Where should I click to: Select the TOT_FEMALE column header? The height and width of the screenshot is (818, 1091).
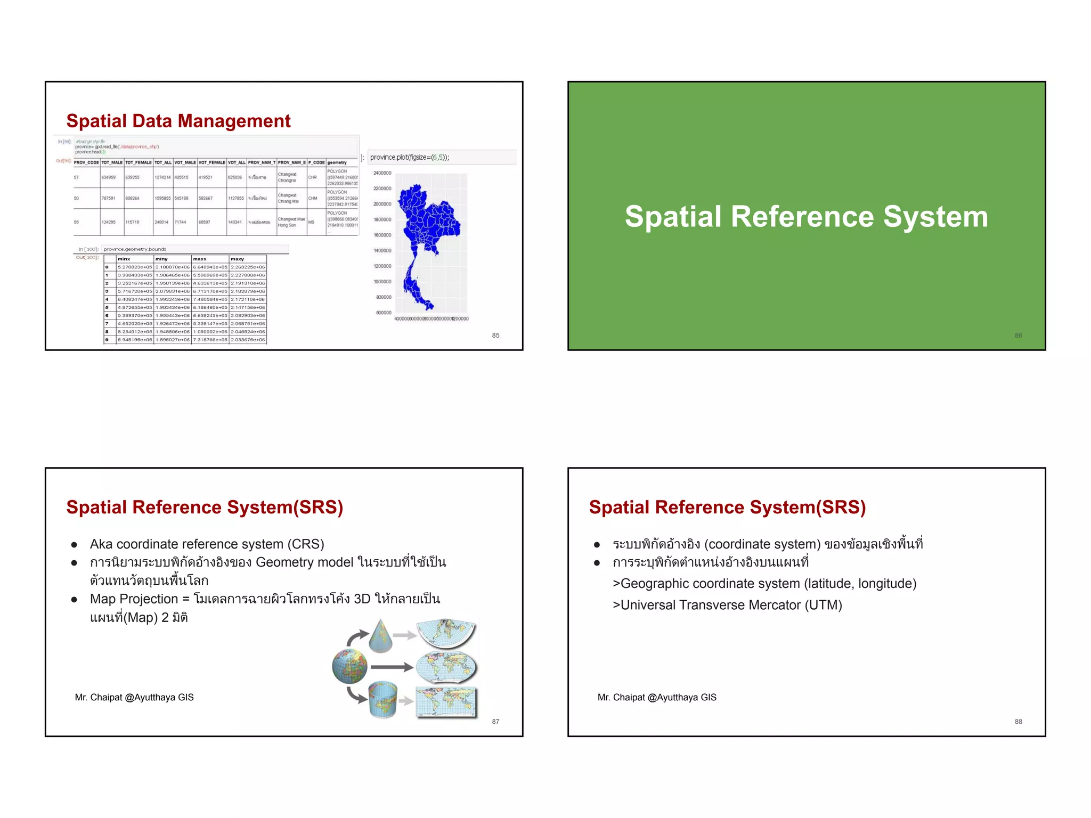pyautogui.click(x=139, y=162)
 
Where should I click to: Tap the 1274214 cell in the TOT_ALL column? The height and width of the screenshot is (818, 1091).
pyautogui.click(x=162, y=177)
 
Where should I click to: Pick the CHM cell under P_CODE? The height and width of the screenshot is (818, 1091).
pyautogui.click(x=313, y=198)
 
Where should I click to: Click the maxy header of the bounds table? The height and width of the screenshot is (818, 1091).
pyautogui.click(x=238, y=259)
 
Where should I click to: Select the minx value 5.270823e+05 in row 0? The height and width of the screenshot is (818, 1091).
pyautogui.click(x=135, y=267)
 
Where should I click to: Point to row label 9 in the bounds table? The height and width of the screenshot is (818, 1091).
pyautogui.click(x=107, y=340)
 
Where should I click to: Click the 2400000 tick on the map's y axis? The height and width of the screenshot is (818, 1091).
pyautogui.click(x=382, y=173)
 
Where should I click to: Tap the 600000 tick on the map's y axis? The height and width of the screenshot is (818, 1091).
pyautogui.click(x=384, y=313)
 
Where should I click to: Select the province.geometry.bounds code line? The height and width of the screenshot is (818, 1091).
pyautogui.click(x=135, y=249)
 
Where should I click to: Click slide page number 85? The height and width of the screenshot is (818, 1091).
pyautogui.click(x=495, y=336)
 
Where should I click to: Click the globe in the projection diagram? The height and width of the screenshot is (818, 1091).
pyautogui.click(x=349, y=666)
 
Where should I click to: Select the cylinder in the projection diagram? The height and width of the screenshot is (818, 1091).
pyautogui.click(x=383, y=699)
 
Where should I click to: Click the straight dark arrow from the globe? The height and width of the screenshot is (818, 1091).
pyautogui.click(x=392, y=667)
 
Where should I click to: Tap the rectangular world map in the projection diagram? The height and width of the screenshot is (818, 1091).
pyautogui.click(x=446, y=702)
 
